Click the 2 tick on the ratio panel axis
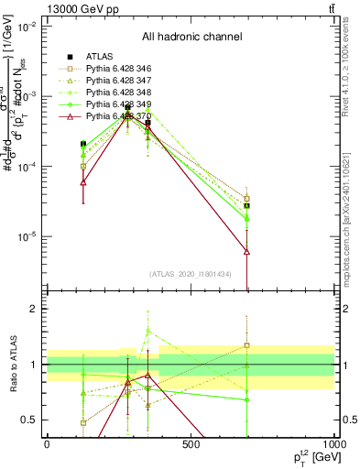(36, 310)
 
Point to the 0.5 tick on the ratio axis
(32, 420)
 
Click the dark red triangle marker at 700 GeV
(247, 251)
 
